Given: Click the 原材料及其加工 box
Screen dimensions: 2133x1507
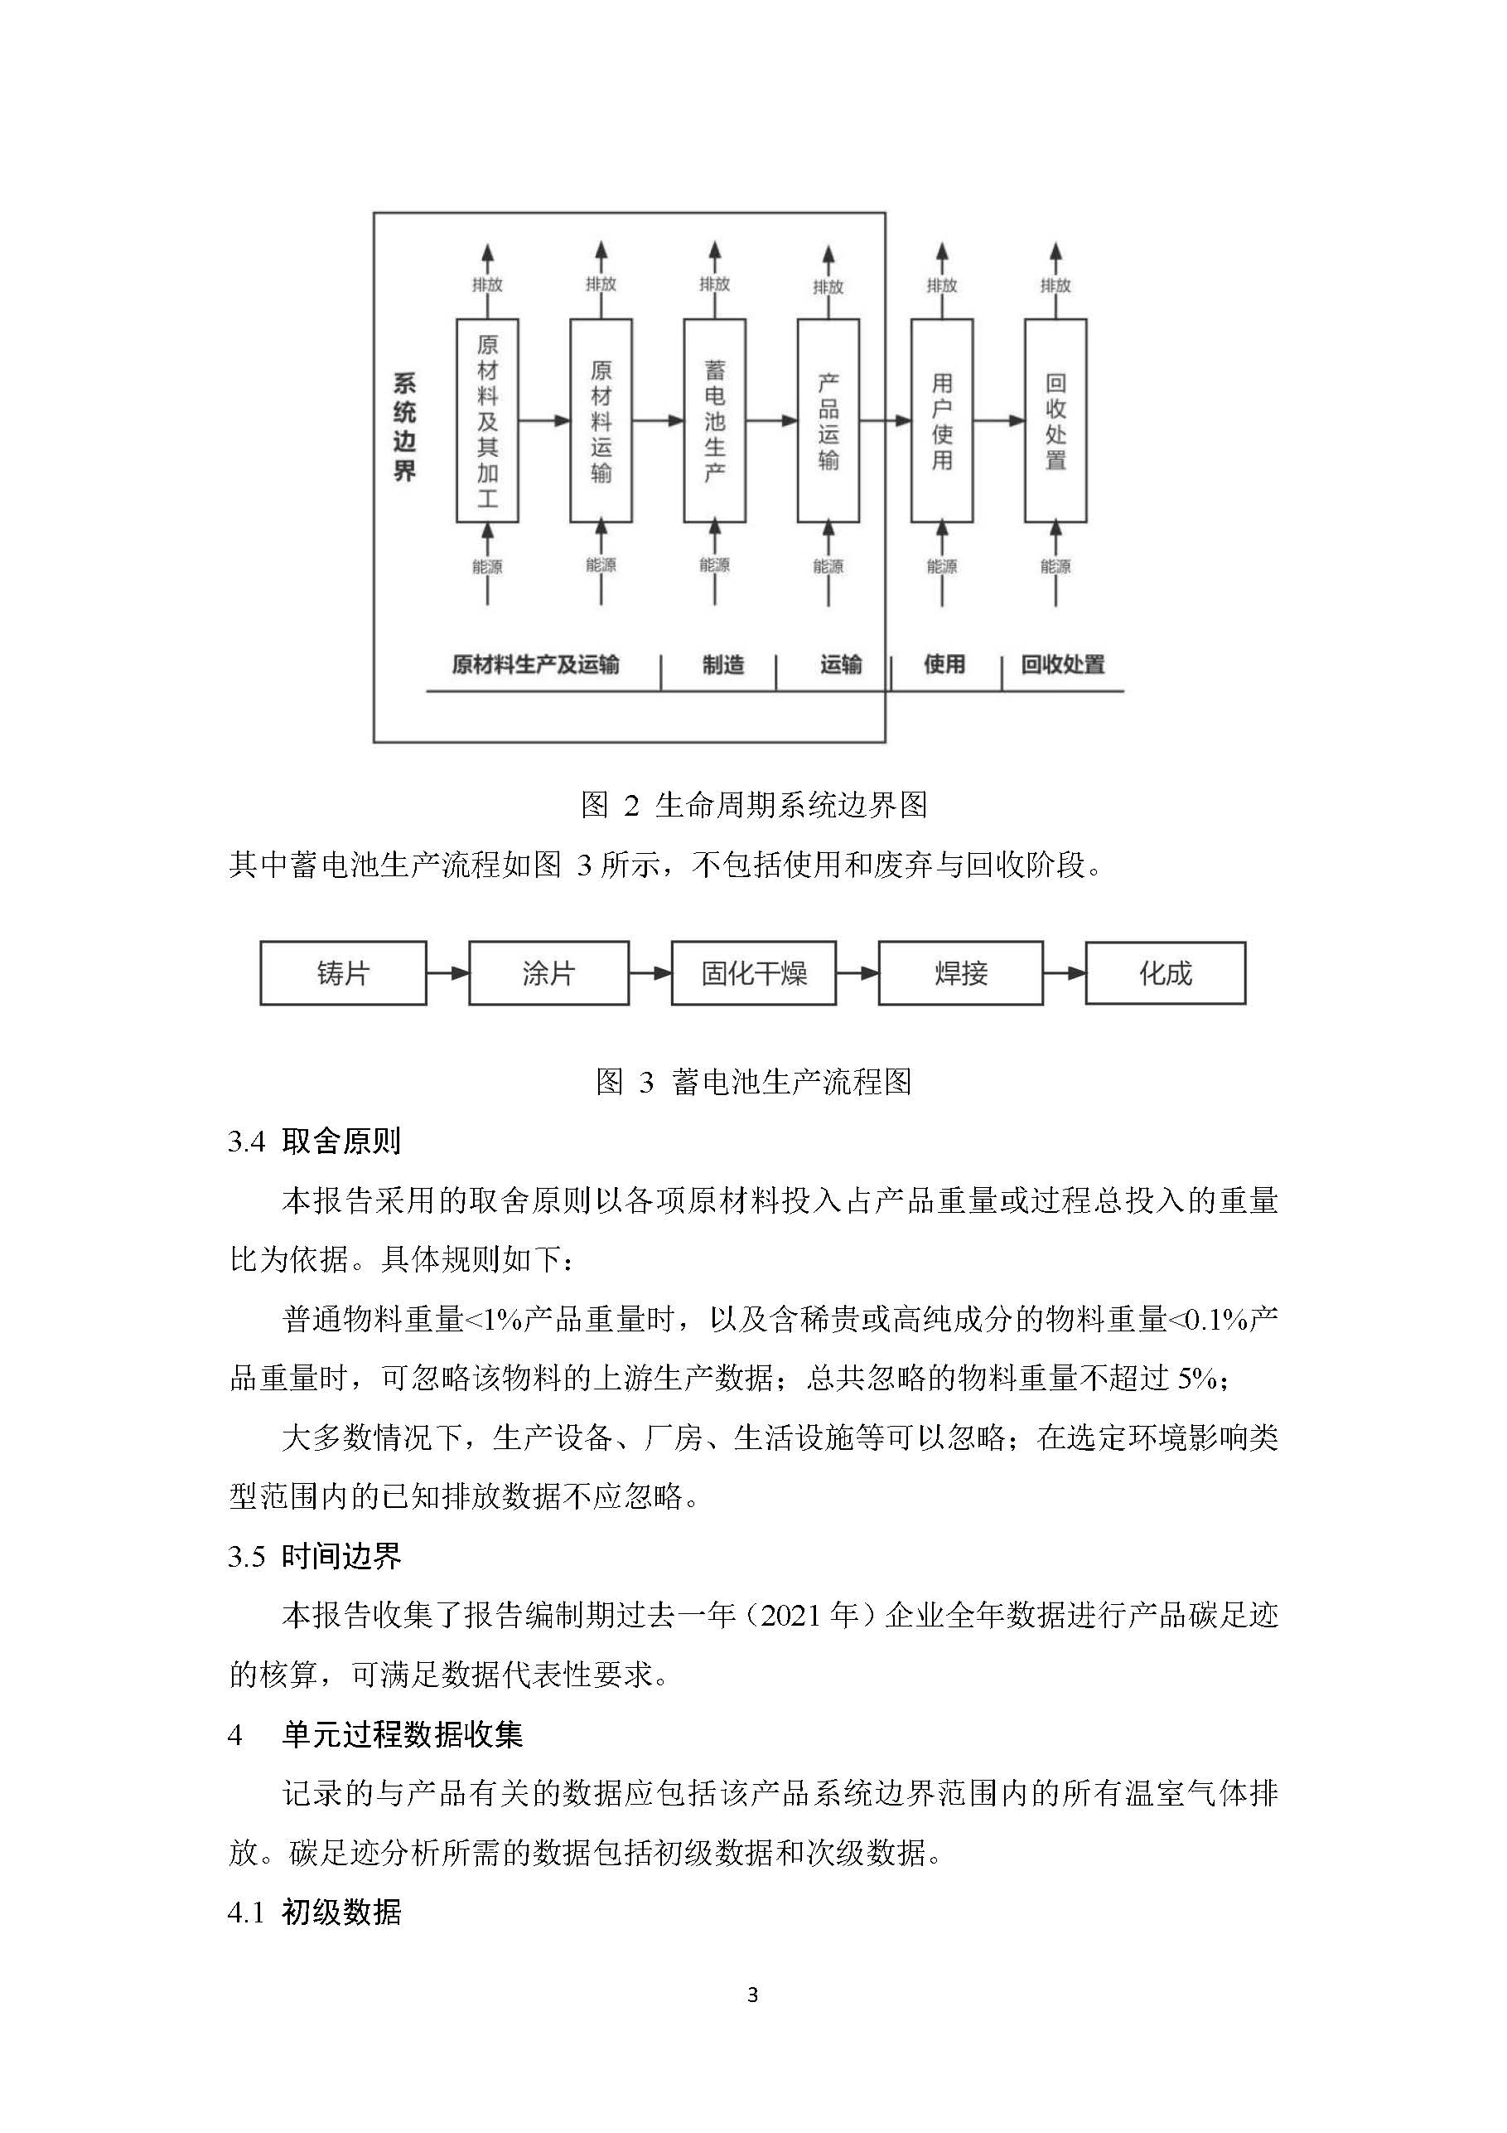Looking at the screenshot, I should pyautogui.click(x=486, y=421).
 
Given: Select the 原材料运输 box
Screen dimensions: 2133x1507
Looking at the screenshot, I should pyautogui.click(x=601, y=421).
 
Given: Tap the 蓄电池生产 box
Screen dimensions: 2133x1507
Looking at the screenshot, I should pyautogui.click(x=714, y=421).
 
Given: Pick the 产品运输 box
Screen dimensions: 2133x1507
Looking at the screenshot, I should pyautogui.click(x=828, y=421).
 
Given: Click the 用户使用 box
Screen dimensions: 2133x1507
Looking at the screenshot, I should pyautogui.click(x=941, y=421).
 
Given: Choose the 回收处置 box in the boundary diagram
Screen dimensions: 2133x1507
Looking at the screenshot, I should pyautogui.click(x=1055, y=421).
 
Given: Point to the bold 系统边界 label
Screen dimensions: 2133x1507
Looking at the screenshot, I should pyautogui.click(x=404, y=426).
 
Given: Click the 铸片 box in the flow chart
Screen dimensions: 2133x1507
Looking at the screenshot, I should pyautogui.click(x=343, y=972).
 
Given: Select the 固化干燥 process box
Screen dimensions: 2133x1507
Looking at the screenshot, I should pyautogui.click(x=753, y=972).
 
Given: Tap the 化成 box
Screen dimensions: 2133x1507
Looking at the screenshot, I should pyautogui.click(x=1166, y=972).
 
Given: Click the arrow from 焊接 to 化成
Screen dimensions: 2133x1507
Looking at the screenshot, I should pyautogui.click(x=1064, y=973).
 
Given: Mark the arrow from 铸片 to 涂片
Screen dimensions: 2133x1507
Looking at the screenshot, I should pyautogui.click(x=447, y=973).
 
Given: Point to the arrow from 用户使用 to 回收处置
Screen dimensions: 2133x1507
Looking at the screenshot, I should pyautogui.click(x=999, y=421).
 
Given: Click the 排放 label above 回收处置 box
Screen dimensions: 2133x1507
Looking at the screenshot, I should pyautogui.click(x=1055, y=285).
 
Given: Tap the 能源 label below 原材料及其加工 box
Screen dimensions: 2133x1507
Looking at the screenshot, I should pyautogui.click(x=486, y=565).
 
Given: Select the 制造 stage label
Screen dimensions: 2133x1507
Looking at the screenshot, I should pyautogui.click(x=723, y=664).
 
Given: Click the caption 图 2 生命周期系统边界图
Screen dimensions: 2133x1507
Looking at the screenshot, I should pyautogui.click(x=753, y=804).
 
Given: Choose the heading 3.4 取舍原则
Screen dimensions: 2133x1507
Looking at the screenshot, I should pyautogui.click(x=314, y=1141).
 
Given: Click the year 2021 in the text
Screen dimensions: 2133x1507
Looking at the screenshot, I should pyautogui.click(x=790, y=1616).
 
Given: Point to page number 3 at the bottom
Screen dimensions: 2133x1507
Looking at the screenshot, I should pyautogui.click(x=752, y=1995).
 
